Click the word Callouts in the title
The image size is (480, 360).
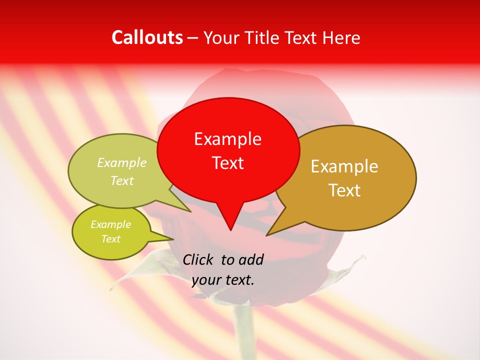[x=147, y=37]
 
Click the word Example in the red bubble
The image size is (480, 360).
[x=227, y=139]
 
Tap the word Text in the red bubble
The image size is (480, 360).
[x=228, y=163]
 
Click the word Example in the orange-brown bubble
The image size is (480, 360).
[x=344, y=166]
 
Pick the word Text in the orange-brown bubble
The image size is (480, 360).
[x=345, y=190]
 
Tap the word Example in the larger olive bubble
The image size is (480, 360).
[x=122, y=163]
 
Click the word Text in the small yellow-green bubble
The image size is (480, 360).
[x=110, y=239]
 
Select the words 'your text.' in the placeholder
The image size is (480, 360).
[x=223, y=280]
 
